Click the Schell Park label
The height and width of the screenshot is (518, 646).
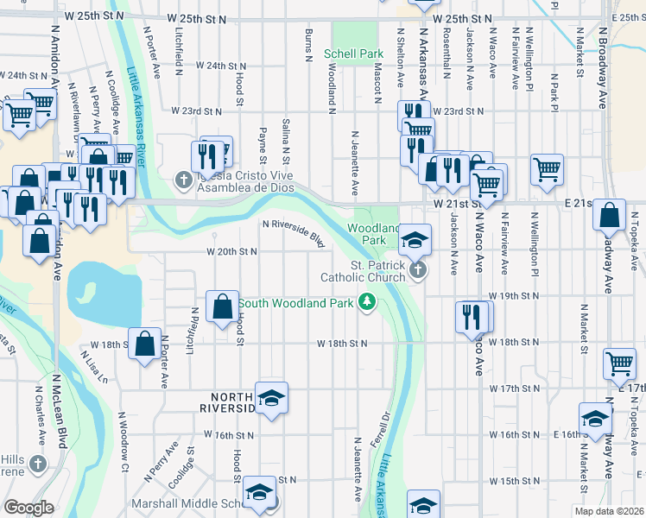[353, 54]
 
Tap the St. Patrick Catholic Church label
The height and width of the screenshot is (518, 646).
[363, 271]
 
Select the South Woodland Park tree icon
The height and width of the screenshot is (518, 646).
[368, 301]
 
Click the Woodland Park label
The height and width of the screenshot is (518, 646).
[372, 233]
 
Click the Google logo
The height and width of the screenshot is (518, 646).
[28, 508]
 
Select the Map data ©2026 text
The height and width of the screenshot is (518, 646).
[608, 511]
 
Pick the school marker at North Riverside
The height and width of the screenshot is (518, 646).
[271, 397]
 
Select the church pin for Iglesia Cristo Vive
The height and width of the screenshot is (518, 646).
[182, 180]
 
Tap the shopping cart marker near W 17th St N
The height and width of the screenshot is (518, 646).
[619, 364]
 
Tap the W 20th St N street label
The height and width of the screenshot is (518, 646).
[231, 252]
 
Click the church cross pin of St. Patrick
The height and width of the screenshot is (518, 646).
[418, 271]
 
